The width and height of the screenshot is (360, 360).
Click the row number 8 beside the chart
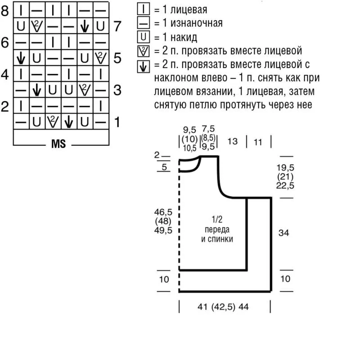(x=5, y=10)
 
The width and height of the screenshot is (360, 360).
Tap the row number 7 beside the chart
(x=117, y=26)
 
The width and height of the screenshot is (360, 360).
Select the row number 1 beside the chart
(x=117, y=121)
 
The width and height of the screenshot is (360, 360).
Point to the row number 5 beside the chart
(x=117, y=58)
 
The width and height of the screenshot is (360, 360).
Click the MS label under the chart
(x=58, y=144)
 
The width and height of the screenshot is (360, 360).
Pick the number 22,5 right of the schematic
(x=286, y=185)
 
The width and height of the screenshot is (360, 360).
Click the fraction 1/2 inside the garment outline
(x=217, y=220)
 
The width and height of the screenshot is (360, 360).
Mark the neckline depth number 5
(x=163, y=167)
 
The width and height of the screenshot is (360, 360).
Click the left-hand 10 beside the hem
(x=164, y=279)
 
